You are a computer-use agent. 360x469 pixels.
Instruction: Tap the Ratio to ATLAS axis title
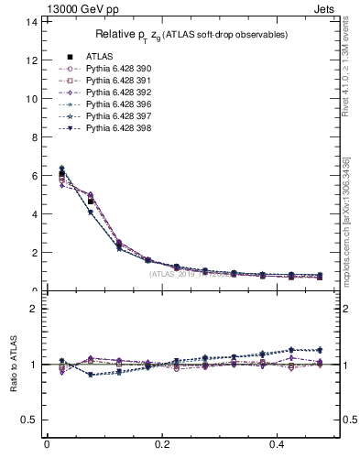[13, 365]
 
